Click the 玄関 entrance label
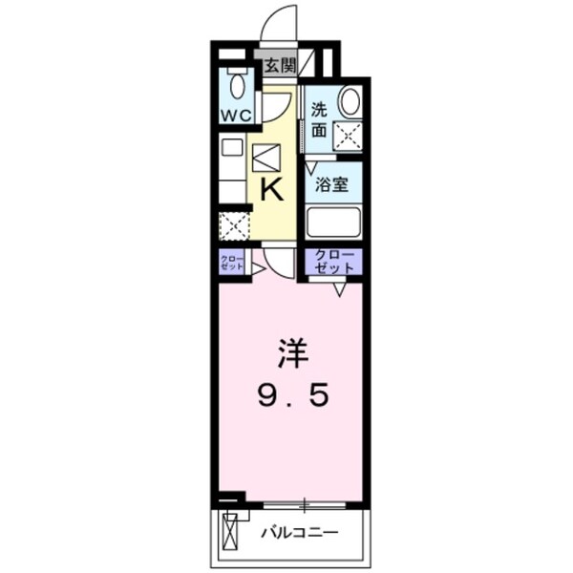pos(280,66)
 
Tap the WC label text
pos(236,115)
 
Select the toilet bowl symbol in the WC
pos(237,87)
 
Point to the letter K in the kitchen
pos(271,189)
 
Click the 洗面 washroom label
pos(319,118)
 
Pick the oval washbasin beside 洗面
pos(350,101)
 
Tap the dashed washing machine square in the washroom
pos(348,137)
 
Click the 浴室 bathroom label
pos(333,185)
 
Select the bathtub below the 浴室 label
pos(333,222)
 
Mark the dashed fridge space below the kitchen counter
pos(233,226)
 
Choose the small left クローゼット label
pos(232,263)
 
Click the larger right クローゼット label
pos(334,263)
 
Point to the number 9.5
pos(293,393)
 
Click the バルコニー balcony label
pos(299,531)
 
